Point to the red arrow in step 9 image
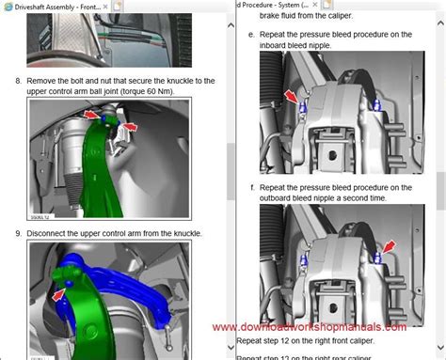click(x=60, y=294)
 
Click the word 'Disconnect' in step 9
click(x=49, y=232)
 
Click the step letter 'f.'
click(x=252, y=188)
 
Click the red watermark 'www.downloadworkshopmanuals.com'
click(x=310, y=327)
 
